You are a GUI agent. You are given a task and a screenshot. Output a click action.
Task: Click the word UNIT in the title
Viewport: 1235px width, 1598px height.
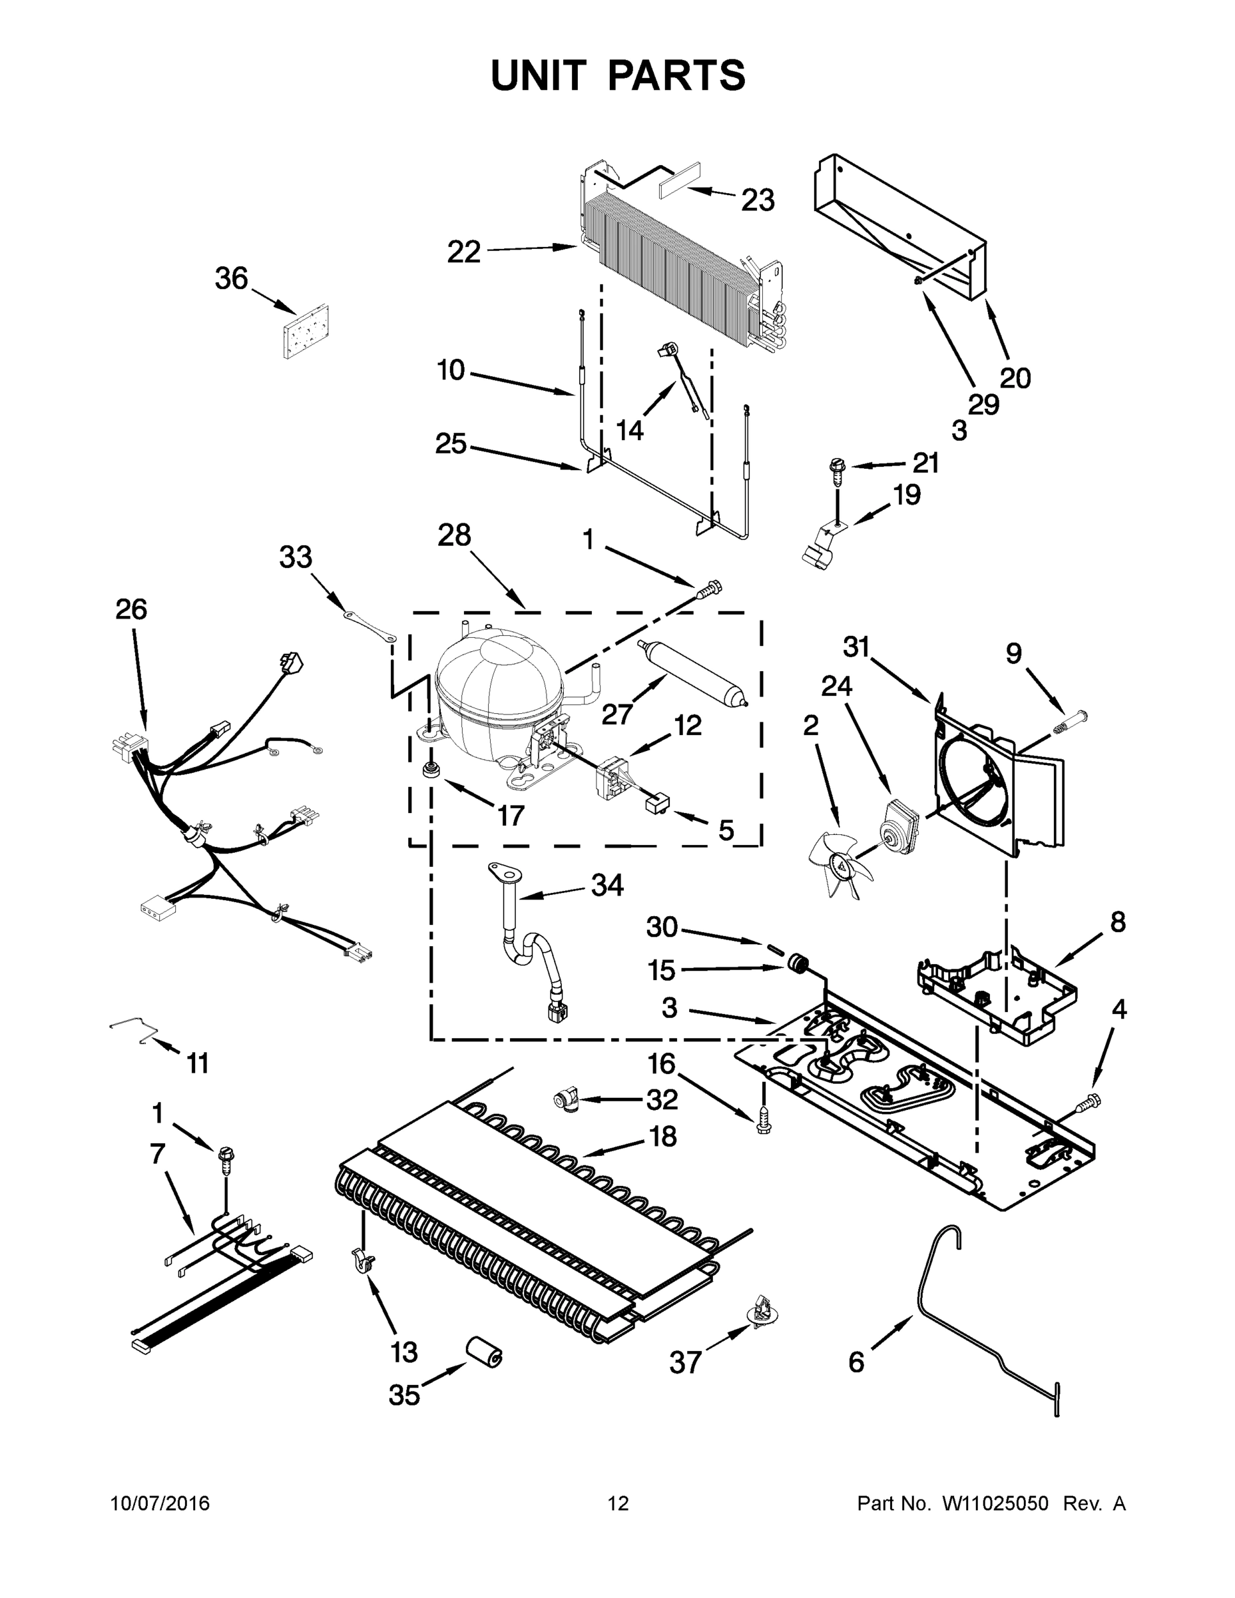tap(539, 75)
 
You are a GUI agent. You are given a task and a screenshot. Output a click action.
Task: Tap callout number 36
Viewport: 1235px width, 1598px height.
tap(231, 279)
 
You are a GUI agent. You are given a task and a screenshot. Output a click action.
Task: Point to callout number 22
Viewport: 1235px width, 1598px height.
tap(464, 252)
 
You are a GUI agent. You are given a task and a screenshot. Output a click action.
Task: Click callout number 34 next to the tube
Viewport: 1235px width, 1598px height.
tap(607, 886)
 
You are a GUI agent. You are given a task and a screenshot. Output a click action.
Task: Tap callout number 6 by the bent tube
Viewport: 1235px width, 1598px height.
tap(857, 1362)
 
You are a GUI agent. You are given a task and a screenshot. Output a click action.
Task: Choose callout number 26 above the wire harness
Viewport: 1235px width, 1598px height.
tap(131, 609)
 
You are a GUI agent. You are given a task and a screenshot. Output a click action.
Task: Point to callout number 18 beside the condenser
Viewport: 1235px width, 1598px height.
tap(663, 1137)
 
